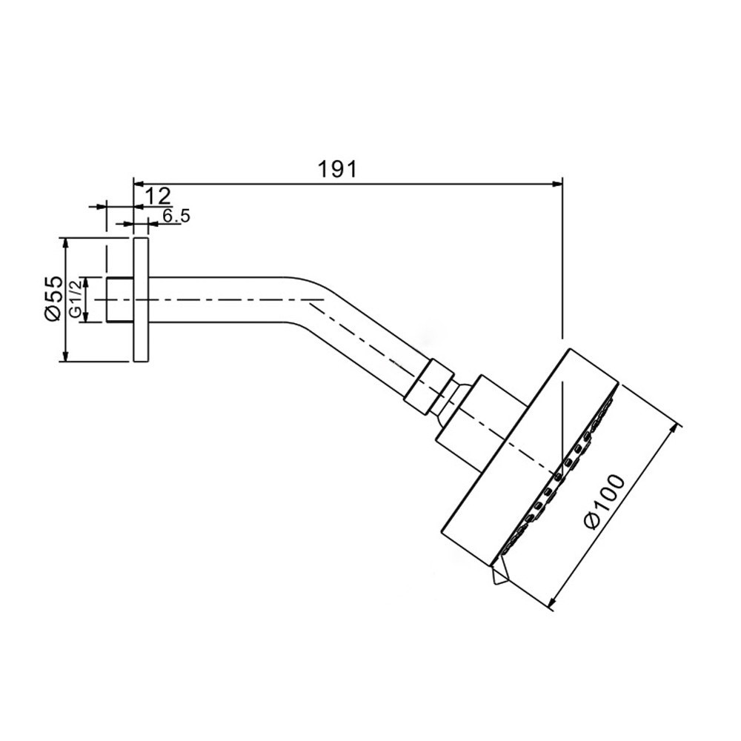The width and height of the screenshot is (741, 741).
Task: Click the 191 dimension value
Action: click(337, 169)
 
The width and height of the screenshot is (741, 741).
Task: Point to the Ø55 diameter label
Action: click(54, 299)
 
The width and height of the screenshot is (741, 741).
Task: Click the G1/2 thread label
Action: click(76, 299)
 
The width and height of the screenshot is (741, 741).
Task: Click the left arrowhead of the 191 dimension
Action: click(139, 183)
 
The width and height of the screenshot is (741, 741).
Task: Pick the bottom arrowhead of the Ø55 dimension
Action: click(66, 356)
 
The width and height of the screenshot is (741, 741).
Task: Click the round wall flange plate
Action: click(142, 299)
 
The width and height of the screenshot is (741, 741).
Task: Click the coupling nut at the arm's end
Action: click(428, 388)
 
